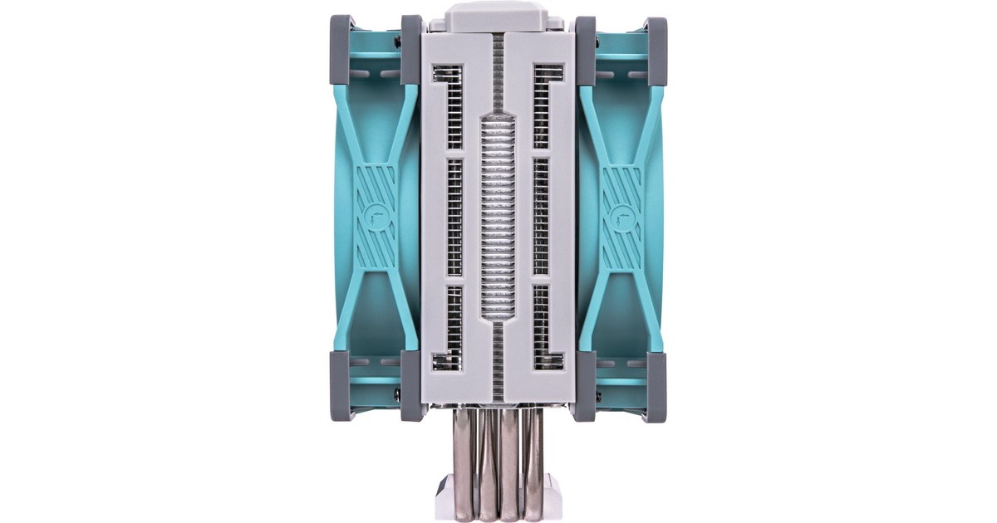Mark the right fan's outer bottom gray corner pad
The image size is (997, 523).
(x=656, y=385)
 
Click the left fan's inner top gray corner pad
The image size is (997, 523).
(x=411, y=50)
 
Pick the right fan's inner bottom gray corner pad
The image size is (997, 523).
(x=585, y=385)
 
